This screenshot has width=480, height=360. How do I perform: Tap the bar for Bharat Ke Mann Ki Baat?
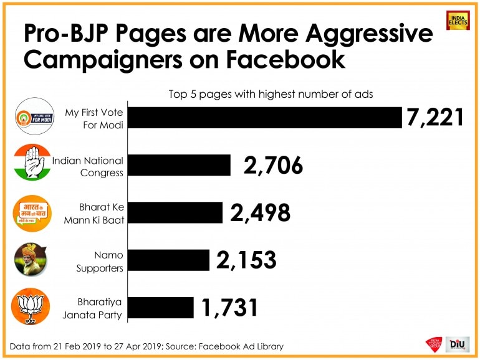coord(176,213)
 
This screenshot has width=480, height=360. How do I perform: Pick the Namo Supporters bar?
coord(169,260)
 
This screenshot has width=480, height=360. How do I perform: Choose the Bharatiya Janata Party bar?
coord(161,308)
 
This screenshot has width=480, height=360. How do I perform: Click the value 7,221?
coord(435,117)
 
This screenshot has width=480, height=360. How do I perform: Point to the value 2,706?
coord(274,166)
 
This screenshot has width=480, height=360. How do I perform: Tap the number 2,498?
coord(260,213)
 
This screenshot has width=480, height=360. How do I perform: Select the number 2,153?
coord(246,260)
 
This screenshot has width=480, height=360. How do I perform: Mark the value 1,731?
coord(230,308)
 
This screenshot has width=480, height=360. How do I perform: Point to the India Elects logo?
coord(458,21)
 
